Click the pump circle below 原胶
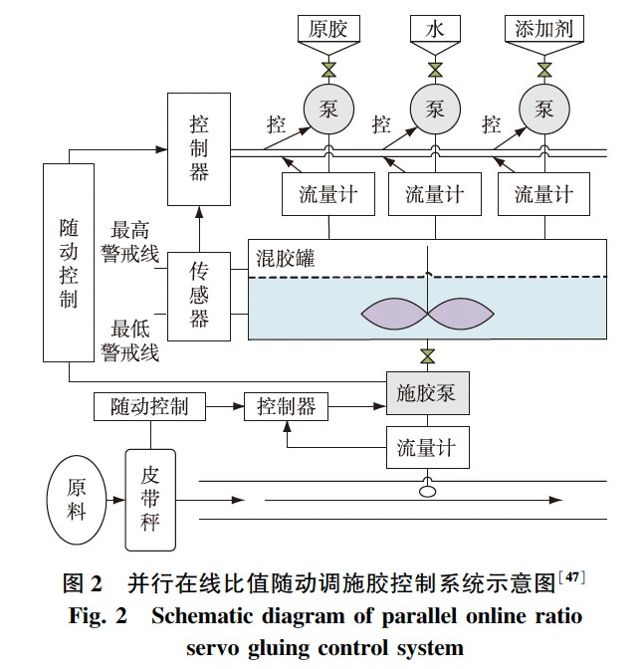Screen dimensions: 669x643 [x=327, y=109]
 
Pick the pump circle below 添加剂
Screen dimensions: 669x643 [x=543, y=109]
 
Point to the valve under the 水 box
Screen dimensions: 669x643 [x=435, y=70]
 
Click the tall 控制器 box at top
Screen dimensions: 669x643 [x=199, y=150]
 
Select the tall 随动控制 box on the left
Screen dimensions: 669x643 [x=68, y=263]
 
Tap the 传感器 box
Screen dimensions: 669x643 [x=199, y=296]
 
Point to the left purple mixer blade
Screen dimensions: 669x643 [x=392, y=315]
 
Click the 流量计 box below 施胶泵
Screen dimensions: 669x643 [x=426, y=447]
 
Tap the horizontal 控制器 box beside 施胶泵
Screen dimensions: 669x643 [x=286, y=406]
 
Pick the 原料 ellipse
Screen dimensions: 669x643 [x=76, y=501]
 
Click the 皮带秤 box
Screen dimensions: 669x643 [x=149, y=500]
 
